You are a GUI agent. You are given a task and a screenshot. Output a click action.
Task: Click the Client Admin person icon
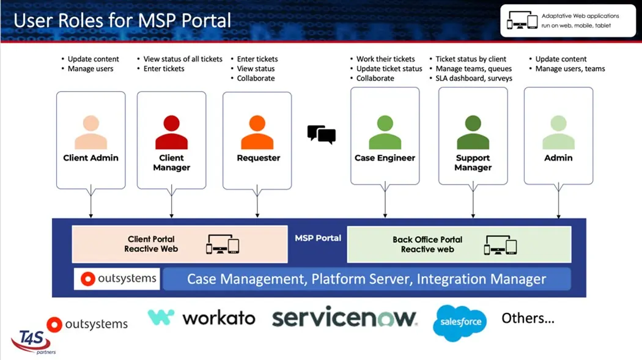pyautogui.click(x=90, y=132)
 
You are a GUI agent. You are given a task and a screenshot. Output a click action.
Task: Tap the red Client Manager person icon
pyautogui.click(x=171, y=132)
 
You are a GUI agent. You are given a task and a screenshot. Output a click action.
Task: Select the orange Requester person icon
pyautogui.click(x=257, y=132)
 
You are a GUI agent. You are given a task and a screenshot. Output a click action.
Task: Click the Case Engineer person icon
pyautogui.click(x=385, y=132)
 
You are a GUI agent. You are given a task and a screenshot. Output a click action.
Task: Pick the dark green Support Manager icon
pyautogui.click(x=473, y=132)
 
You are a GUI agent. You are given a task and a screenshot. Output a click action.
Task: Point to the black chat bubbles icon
pyautogui.click(x=321, y=134)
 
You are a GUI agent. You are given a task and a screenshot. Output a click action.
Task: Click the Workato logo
pyautogui.click(x=201, y=318)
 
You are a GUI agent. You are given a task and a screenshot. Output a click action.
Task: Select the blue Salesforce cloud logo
pyautogui.click(x=460, y=322)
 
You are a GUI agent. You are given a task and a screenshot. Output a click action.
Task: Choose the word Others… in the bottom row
pyautogui.click(x=528, y=318)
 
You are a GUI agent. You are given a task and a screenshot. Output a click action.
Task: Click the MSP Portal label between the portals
pyautogui.click(x=318, y=238)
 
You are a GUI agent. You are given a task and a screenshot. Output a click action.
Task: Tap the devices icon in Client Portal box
pyautogui.click(x=222, y=244)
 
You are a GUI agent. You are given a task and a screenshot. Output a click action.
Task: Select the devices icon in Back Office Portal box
pyautogui.click(x=500, y=245)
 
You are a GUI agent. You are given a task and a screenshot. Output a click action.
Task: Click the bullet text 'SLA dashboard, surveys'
pyautogui.click(x=474, y=78)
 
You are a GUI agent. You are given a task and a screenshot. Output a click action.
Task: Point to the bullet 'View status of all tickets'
pyautogui.click(x=183, y=59)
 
